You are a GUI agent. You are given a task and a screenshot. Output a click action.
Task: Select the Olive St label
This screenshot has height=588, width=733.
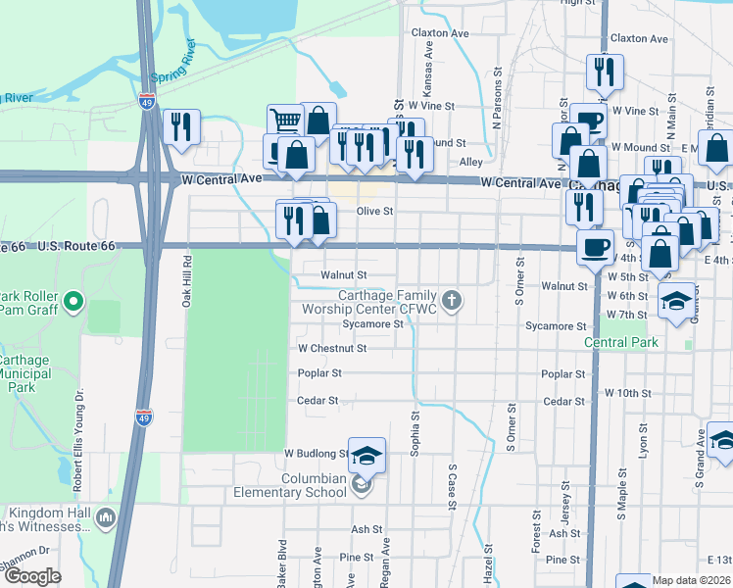click(374, 211)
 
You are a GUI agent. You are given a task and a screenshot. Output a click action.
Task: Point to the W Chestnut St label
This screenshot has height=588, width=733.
click(332, 348)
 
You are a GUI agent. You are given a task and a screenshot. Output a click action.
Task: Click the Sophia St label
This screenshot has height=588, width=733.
click(415, 433)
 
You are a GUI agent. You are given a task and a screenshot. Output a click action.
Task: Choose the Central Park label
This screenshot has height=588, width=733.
click(622, 342)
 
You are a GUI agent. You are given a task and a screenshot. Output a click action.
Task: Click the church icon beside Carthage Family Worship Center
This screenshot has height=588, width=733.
click(451, 299)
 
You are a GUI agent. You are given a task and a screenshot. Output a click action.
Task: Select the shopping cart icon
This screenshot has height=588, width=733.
click(285, 121)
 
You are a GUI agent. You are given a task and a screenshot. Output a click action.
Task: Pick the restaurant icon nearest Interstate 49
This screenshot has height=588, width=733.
click(181, 126)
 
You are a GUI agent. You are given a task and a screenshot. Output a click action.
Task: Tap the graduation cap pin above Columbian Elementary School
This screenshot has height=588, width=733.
click(366, 455)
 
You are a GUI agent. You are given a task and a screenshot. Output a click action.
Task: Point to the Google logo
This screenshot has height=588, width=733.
click(31, 576)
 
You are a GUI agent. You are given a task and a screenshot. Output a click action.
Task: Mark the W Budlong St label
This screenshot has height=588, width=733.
click(316, 454)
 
